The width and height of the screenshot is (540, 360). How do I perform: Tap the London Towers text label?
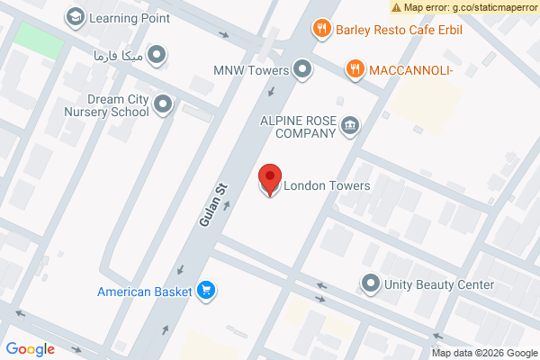(327, 186)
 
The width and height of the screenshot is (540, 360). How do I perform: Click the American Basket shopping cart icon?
(207, 290)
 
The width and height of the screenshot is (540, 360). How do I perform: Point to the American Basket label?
(145, 291)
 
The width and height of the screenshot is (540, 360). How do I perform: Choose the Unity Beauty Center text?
(439, 284)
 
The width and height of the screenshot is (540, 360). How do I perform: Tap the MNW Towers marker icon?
(303, 69)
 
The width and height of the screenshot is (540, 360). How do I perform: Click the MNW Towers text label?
(251, 69)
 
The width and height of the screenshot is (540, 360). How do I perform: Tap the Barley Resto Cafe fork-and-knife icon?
(321, 30)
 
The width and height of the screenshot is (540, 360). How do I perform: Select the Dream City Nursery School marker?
(163, 105)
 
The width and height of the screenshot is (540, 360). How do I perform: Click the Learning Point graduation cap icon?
(76, 17)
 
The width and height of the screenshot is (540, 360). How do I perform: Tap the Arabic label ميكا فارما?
(118, 56)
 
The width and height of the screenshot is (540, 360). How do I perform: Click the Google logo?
(30, 349)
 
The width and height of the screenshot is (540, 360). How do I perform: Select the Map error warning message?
(464, 7)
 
